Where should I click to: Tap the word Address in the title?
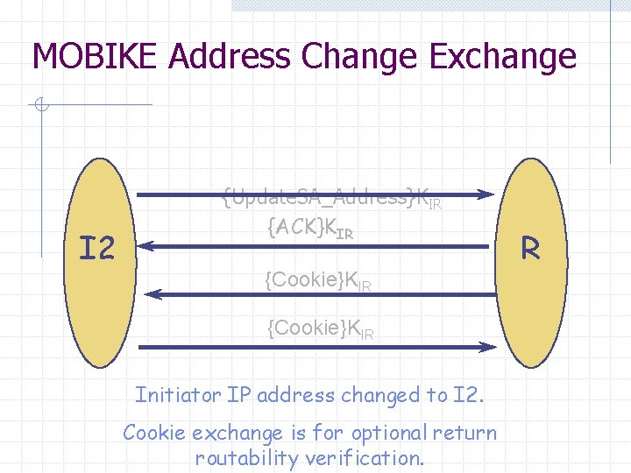click(230, 57)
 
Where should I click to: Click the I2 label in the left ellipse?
click(96, 250)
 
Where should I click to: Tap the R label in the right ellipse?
click(529, 250)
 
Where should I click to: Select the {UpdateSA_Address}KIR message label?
click(331, 198)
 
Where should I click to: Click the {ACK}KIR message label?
click(310, 229)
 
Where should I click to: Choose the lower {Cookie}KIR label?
click(320, 329)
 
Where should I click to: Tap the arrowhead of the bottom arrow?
click(489, 348)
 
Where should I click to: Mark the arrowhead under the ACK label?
click(144, 246)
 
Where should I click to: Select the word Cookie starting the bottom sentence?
click(152, 433)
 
